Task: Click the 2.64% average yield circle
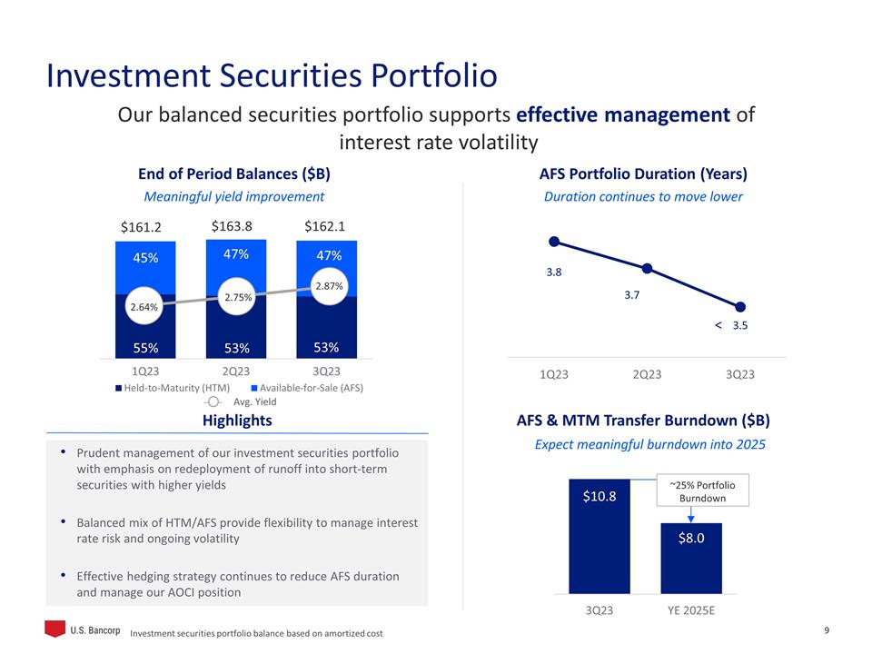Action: [x=144, y=307]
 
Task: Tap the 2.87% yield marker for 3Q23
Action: [x=327, y=285]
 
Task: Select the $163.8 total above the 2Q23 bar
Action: [x=232, y=226]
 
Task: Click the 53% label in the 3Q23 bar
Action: [x=326, y=347]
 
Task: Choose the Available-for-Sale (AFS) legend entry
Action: [x=306, y=388]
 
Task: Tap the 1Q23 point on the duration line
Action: [x=553, y=241]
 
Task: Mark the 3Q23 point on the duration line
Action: [x=740, y=307]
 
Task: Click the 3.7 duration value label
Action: [x=633, y=295]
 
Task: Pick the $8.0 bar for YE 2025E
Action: [x=690, y=558]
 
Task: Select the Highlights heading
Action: [x=237, y=421]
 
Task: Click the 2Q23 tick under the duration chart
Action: [x=647, y=374]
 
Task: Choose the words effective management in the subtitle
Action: [x=623, y=116]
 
